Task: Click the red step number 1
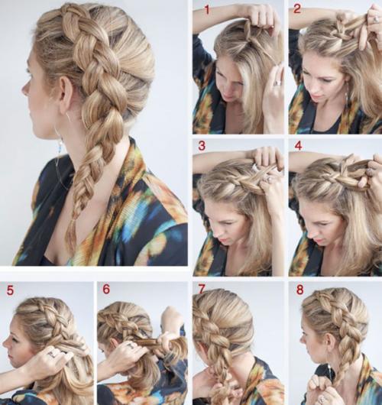207,10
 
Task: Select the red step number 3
202,146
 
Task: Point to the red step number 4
298,146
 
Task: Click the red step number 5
10,290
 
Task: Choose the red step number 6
106,290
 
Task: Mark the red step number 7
201,290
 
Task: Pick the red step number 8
299,290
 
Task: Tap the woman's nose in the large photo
24,89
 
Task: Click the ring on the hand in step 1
277,83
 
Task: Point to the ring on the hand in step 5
53,354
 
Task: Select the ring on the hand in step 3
270,179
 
